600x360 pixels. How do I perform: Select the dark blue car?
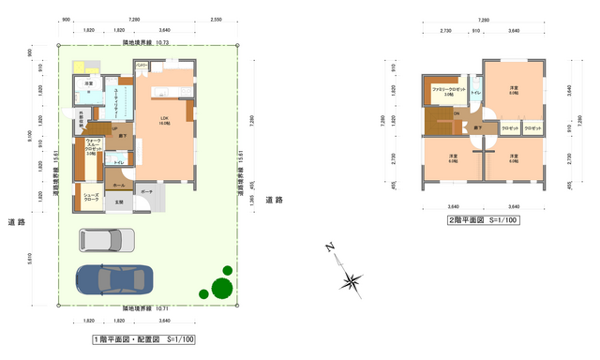(x=112, y=277)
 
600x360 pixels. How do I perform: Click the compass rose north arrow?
(x=351, y=278)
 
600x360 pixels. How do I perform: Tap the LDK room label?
(x=164, y=120)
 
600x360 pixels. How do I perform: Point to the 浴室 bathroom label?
(x=89, y=84)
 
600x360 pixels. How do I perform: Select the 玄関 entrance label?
(x=119, y=202)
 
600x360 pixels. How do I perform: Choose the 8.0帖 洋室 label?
(x=513, y=90)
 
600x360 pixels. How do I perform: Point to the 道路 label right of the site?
(x=274, y=200)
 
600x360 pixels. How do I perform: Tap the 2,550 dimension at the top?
(x=217, y=20)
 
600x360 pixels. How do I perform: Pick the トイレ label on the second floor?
(x=475, y=92)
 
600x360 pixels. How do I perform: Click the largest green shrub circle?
(x=221, y=288)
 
